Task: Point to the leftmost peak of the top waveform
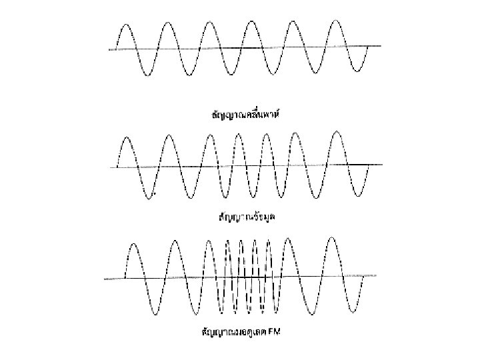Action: pos(127,23)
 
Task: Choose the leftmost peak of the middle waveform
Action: pos(126,136)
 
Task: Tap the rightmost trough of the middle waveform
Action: pos(359,195)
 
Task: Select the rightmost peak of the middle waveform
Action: pos(337,132)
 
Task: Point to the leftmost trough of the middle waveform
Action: pos(149,197)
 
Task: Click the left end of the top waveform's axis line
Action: pos(108,49)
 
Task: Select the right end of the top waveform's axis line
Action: pos(381,46)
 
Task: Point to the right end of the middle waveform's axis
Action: pos(381,164)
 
